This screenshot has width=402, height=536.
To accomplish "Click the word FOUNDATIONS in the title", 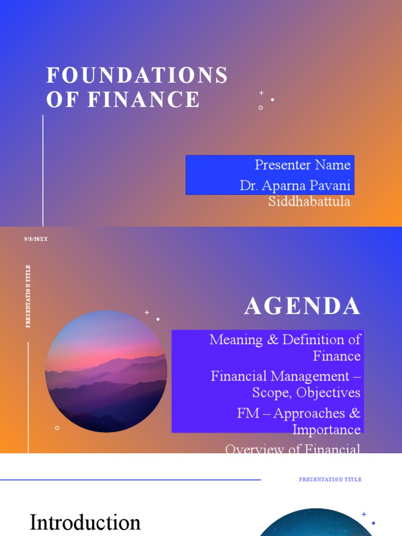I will (137, 76).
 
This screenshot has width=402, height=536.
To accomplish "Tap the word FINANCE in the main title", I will (144, 99).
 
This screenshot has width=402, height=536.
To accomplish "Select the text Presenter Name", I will (303, 165).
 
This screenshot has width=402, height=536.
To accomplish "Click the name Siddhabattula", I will (309, 202).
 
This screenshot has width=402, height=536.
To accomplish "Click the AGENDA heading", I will (303, 307).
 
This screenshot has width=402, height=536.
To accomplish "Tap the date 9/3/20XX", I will (36, 239).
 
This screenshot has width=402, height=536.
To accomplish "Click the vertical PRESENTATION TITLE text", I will (28, 296).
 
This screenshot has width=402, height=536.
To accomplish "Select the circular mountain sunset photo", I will (106, 372).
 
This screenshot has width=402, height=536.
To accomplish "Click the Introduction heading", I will (85, 522).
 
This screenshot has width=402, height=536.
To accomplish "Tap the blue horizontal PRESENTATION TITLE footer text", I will (330, 479).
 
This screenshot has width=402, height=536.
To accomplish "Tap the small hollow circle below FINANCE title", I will (261, 108).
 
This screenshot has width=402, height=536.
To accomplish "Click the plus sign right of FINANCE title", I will (261, 93).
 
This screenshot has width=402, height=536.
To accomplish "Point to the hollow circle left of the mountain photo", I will (57, 428).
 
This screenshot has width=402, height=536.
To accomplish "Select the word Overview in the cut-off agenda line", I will (249, 449).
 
